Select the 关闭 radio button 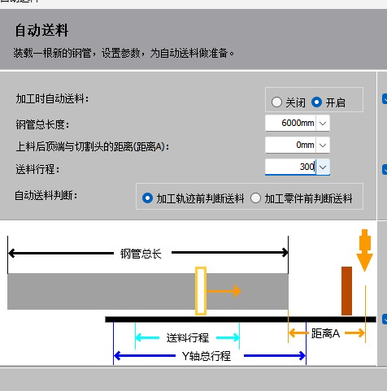click(276, 102)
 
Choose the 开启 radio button click(316, 102)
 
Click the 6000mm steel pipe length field click(290, 123)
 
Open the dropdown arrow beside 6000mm click(323, 124)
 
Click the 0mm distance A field click(290, 145)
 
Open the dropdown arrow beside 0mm click(323, 146)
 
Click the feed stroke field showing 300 click(290, 167)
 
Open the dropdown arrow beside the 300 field click(323, 167)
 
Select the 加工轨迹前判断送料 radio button click(147, 198)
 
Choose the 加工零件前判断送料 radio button click(255, 198)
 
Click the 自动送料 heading click(41, 30)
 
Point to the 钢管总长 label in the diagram click(141, 254)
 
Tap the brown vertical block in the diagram click(346, 291)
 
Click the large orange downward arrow click(364, 250)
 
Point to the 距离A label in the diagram click(325, 333)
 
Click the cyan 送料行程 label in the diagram click(188, 338)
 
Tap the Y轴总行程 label click(207, 356)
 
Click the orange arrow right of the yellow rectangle click(224, 291)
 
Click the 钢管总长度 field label click(42, 125)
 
